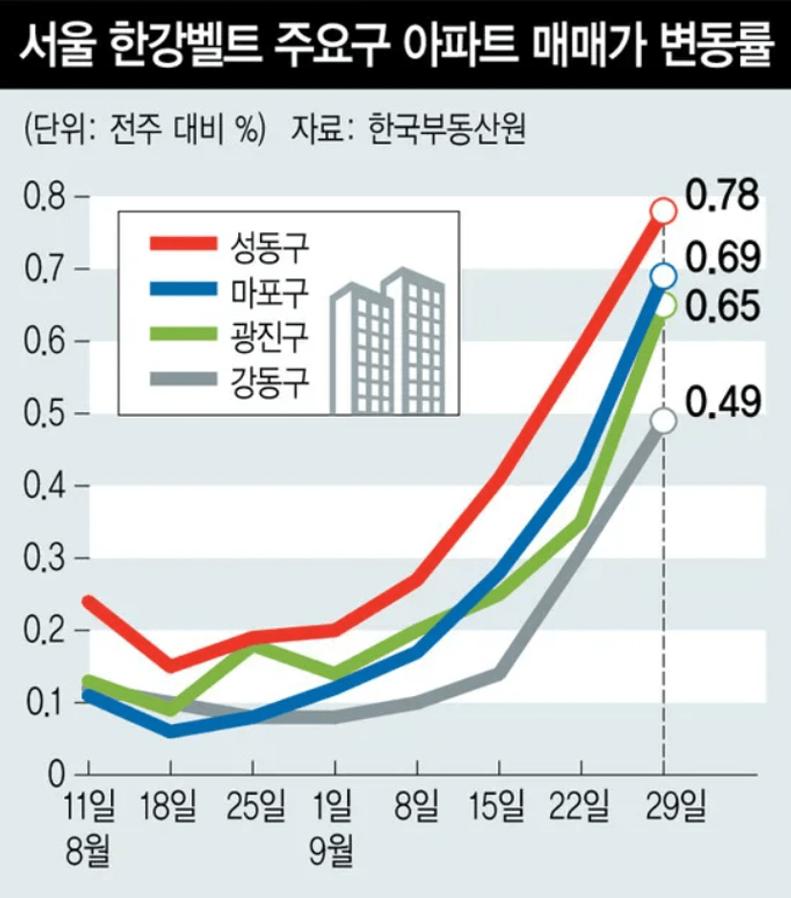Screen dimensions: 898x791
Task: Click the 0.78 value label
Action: point(723,194)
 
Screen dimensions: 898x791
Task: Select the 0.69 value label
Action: point(723,257)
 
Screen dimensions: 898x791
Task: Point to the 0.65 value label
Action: point(723,306)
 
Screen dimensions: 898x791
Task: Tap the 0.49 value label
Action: point(723,402)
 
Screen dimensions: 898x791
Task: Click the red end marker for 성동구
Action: point(664,210)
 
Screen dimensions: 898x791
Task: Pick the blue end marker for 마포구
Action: point(664,276)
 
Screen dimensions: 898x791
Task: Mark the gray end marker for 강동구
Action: point(664,421)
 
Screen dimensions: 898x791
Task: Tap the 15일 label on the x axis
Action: point(498,809)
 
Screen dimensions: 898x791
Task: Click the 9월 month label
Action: point(334,846)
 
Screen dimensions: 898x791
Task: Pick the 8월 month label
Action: point(88,846)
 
